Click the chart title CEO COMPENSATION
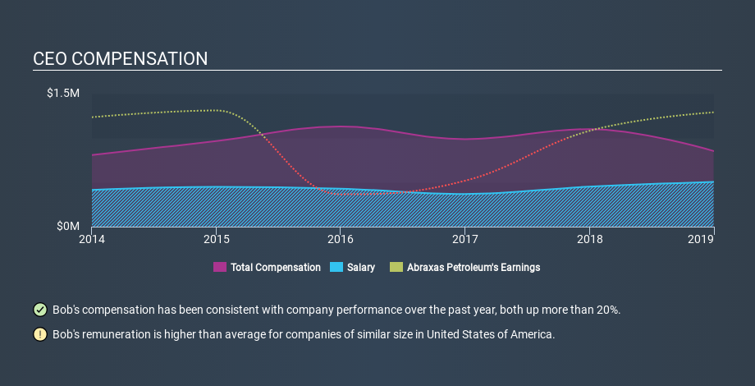(x=121, y=59)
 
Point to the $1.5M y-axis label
(x=62, y=94)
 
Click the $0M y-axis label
(x=68, y=226)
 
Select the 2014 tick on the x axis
(x=92, y=239)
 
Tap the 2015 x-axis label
(x=216, y=239)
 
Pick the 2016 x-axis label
(x=340, y=239)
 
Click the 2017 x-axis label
(x=464, y=239)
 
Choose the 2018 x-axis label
(x=589, y=239)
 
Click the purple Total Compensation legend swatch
(x=220, y=268)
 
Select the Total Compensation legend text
(x=276, y=268)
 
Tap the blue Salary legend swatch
(x=336, y=268)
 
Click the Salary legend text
(x=360, y=268)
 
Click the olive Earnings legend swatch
(x=396, y=268)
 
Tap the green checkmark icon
(x=39, y=310)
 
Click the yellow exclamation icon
(x=39, y=335)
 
